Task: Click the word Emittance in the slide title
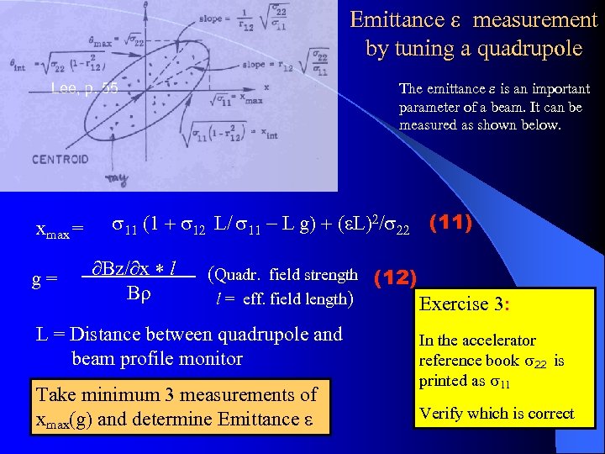point(397,19)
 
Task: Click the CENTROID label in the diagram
point(60,159)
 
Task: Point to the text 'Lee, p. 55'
point(84,87)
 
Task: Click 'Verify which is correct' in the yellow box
point(497,414)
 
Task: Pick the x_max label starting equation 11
point(60,229)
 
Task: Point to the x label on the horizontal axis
point(266,87)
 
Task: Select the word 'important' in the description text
point(554,88)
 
